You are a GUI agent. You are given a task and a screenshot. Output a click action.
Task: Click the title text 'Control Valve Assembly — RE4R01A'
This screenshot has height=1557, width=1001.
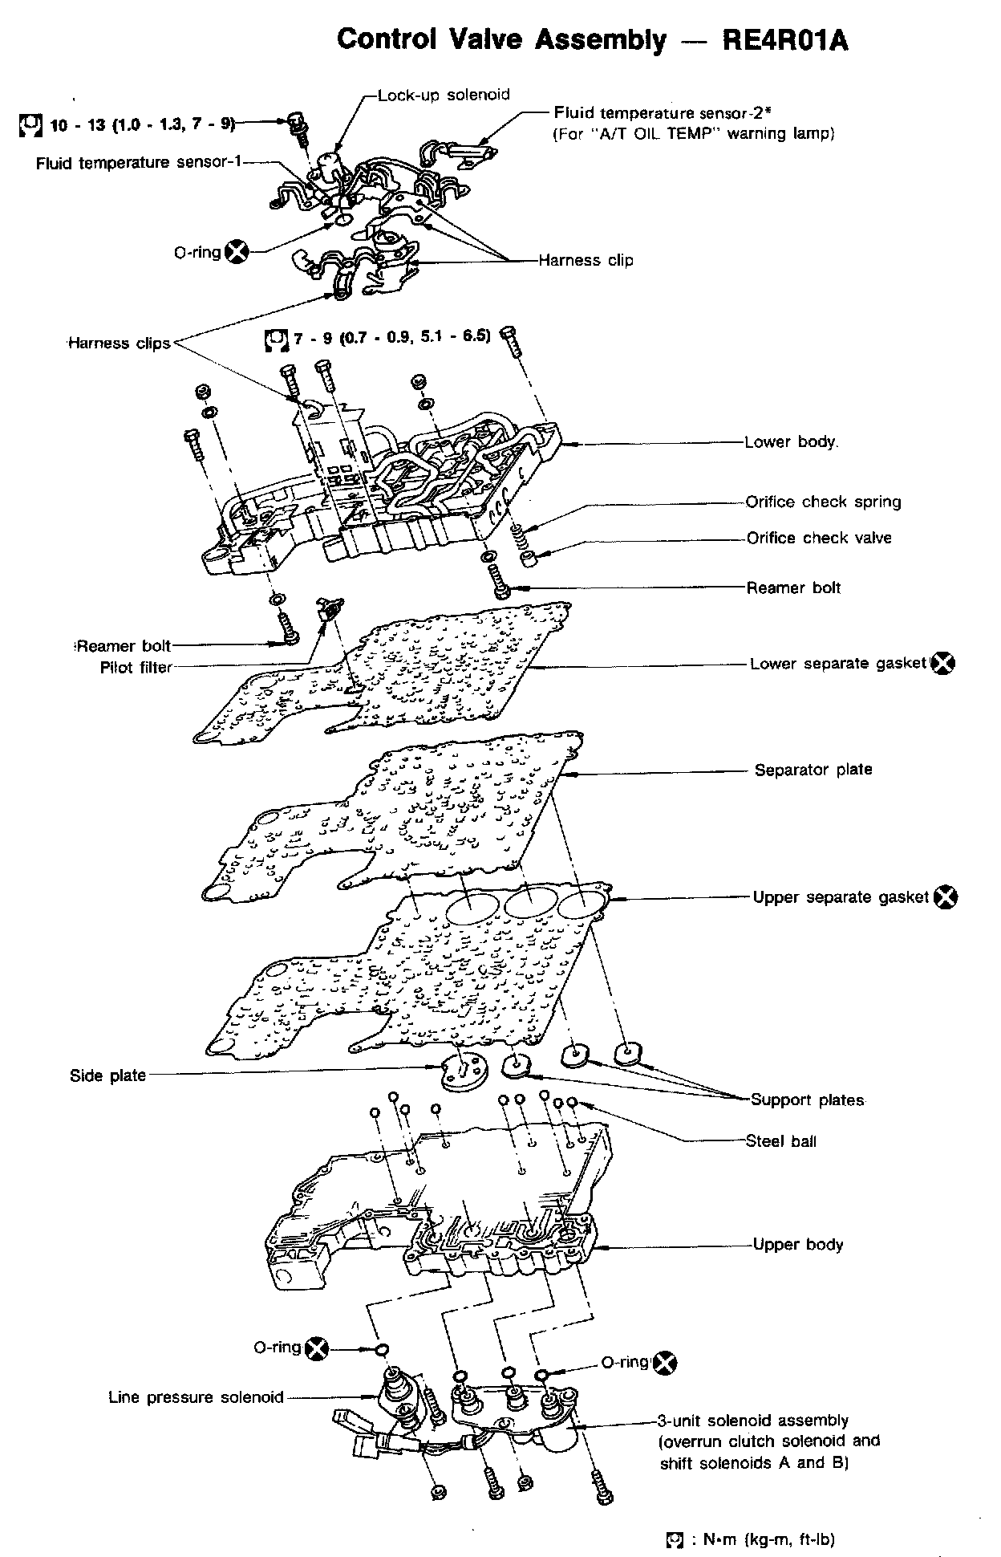[x=593, y=39]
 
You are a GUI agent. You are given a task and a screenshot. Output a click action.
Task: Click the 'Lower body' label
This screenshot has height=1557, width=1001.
[x=791, y=441]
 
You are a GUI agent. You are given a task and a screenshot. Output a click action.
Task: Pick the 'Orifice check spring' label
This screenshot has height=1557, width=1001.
[x=824, y=502]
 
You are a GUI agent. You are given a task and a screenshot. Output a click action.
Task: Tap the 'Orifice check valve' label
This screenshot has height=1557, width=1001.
[x=819, y=538]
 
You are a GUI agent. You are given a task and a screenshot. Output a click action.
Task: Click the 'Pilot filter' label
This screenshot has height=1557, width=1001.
[x=136, y=667]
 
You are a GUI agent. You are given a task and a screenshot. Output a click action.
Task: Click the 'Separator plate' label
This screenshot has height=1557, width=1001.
[x=813, y=770]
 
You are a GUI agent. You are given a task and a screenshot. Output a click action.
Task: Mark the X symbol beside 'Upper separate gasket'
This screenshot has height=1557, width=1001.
[x=946, y=896]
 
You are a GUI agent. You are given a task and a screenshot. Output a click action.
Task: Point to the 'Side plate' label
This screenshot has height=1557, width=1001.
[x=108, y=1075]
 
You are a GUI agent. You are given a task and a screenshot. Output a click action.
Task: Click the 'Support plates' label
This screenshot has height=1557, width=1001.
[x=808, y=1100]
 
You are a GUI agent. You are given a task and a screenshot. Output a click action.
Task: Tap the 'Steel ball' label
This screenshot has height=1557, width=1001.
[x=781, y=1140]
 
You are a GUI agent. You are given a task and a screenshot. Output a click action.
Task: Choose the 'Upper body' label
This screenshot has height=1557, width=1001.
[x=798, y=1245]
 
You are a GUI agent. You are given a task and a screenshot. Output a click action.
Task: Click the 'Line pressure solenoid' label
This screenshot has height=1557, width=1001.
[x=197, y=1397]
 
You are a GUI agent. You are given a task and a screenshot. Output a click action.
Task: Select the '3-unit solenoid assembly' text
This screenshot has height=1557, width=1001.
[x=754, y=1421]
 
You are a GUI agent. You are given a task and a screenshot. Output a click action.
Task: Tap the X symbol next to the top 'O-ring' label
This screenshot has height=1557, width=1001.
[x=237, y=252]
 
